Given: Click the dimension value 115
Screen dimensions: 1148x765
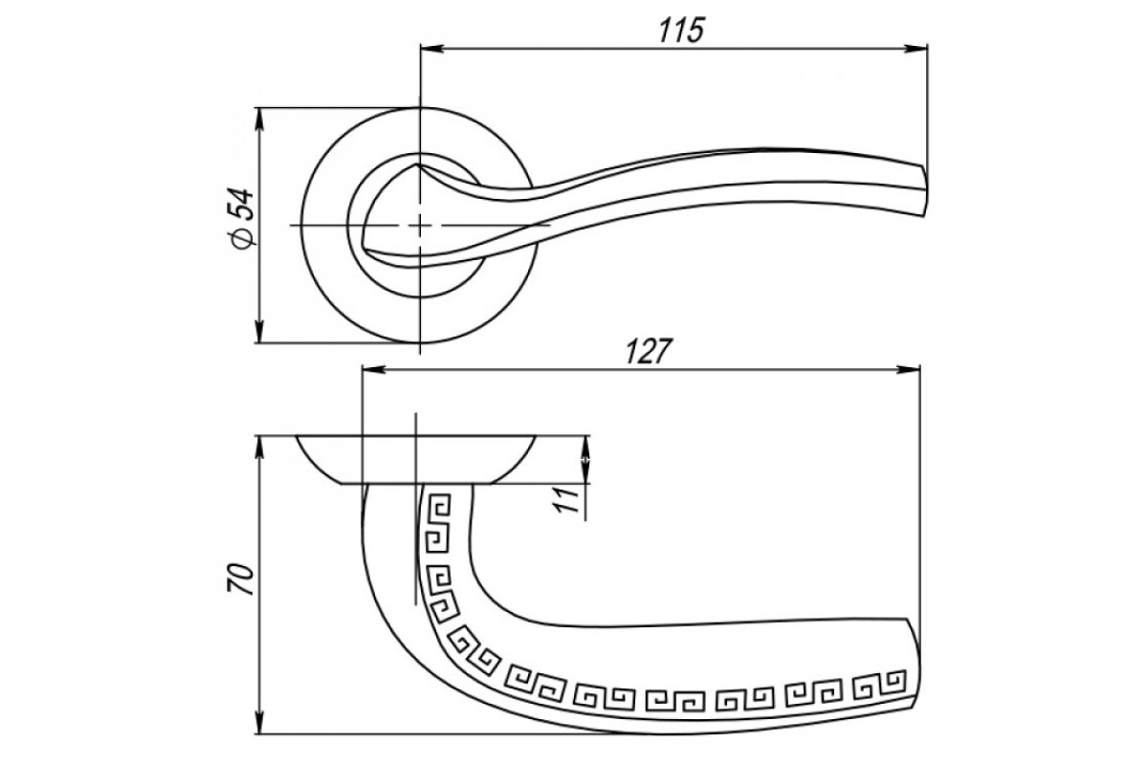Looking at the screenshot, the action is tap(681, 31).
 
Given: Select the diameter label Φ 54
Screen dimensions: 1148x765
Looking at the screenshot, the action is tap(243, 219).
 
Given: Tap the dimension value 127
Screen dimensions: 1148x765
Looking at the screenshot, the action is tap(649, 351).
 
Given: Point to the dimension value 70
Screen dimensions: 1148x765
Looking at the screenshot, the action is tap(241, 580).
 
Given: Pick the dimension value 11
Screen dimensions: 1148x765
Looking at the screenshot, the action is tap(567, 499).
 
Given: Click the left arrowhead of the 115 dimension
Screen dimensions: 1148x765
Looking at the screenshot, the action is tap(431, 49).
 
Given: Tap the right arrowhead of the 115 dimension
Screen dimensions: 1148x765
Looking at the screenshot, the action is tap(916, 49).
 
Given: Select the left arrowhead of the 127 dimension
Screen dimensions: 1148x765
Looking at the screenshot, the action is tap(373, 369).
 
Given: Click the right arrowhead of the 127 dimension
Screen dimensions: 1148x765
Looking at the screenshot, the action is tap(909, 369).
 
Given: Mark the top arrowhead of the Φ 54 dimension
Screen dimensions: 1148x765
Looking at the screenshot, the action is tap(259, 120).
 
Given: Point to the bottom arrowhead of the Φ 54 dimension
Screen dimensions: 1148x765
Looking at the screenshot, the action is tap(259, 331).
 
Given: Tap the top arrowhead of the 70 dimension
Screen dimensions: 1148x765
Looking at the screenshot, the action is tap(259, 448).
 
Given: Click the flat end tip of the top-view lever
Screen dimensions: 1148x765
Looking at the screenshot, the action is tap(925, 190).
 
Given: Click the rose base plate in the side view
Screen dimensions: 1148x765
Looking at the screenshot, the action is tap(415, 460).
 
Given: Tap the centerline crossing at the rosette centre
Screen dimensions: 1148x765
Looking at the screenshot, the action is tap(420, 225).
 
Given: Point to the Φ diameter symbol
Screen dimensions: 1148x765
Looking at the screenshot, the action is tap(243, 239).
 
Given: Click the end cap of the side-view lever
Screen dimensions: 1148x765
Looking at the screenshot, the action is tap(915, 676).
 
